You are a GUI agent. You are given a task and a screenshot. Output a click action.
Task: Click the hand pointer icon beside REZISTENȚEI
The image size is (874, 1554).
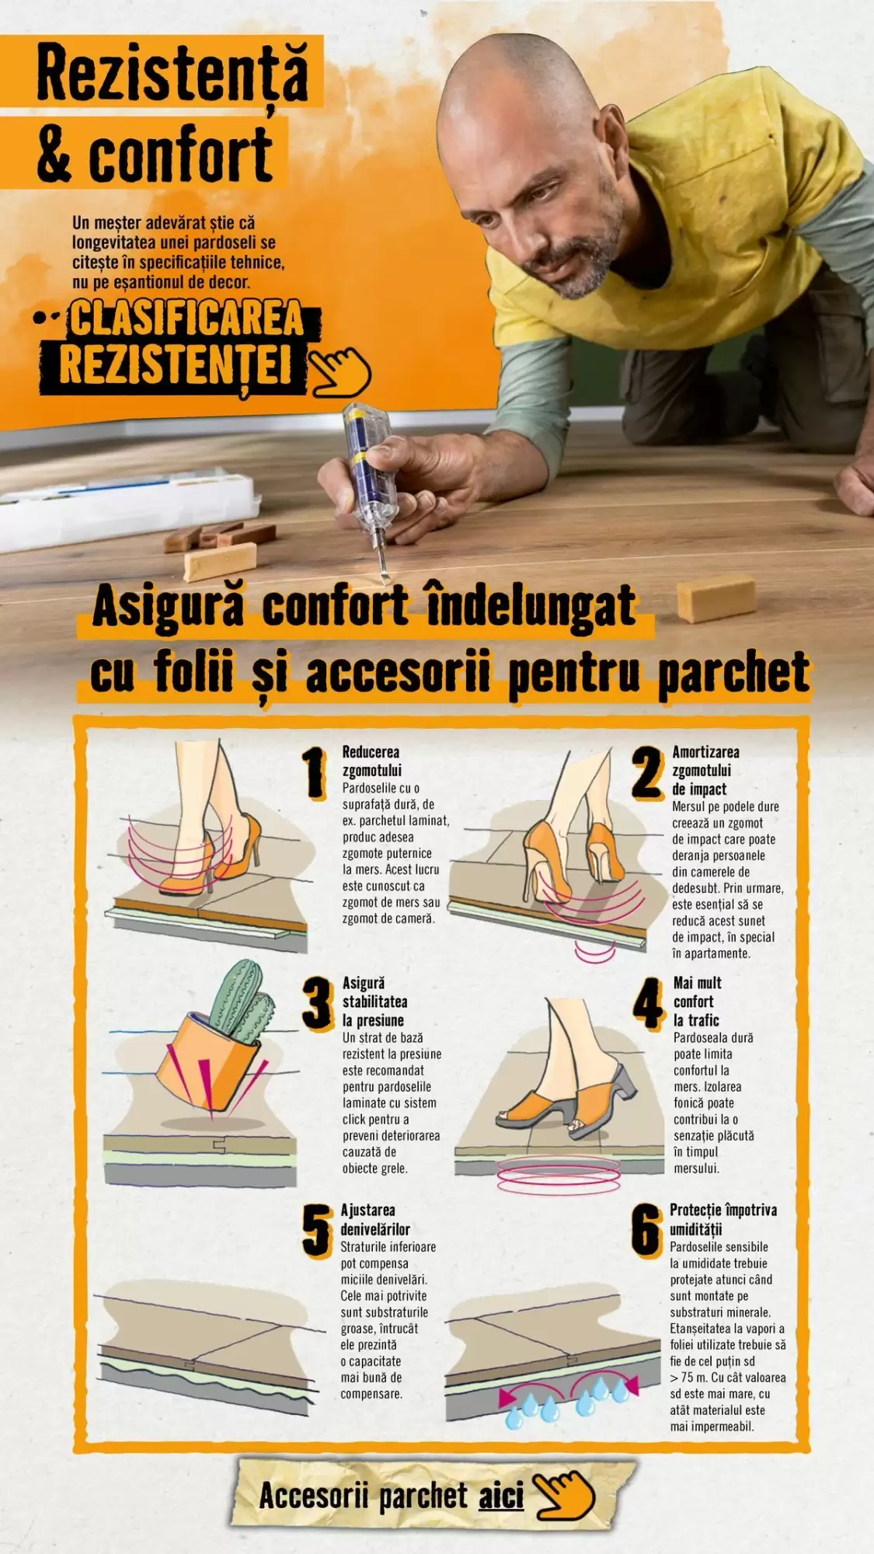click(340, 371)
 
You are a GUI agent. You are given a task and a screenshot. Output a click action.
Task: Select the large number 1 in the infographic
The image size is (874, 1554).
click(315, 772)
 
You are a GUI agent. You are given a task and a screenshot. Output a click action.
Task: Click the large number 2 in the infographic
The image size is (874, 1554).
click(647, 772)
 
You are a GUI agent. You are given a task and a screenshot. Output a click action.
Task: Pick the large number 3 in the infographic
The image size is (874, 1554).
click(318, 1003)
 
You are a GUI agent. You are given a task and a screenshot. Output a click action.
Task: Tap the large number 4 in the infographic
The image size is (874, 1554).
click(649, 1003)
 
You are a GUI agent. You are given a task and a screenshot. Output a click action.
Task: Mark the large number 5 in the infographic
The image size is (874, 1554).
click(317, 1231)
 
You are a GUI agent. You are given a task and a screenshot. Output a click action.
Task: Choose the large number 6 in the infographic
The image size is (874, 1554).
click(647, 1231)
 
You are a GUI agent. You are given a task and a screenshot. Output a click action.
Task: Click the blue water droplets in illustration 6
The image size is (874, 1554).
click(566, 1403)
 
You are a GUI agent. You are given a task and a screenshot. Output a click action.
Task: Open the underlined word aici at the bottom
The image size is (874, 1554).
click(501, 1496)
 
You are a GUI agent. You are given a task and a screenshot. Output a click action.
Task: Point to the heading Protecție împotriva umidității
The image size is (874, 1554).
click(723, 1219)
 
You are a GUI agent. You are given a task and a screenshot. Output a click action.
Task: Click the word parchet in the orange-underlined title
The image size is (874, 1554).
click(733, 673)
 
